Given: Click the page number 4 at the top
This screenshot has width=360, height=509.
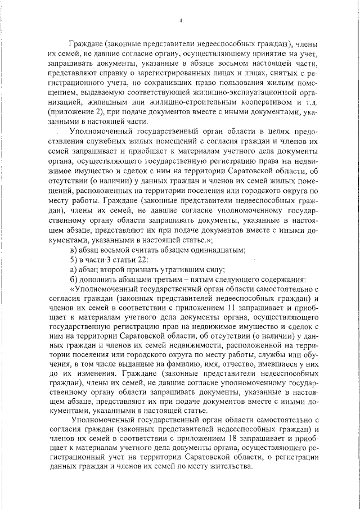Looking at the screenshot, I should pyautogui.click(x=181, y=21).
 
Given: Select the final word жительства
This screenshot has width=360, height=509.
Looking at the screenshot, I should pyautogui.click(x=232, y=469).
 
